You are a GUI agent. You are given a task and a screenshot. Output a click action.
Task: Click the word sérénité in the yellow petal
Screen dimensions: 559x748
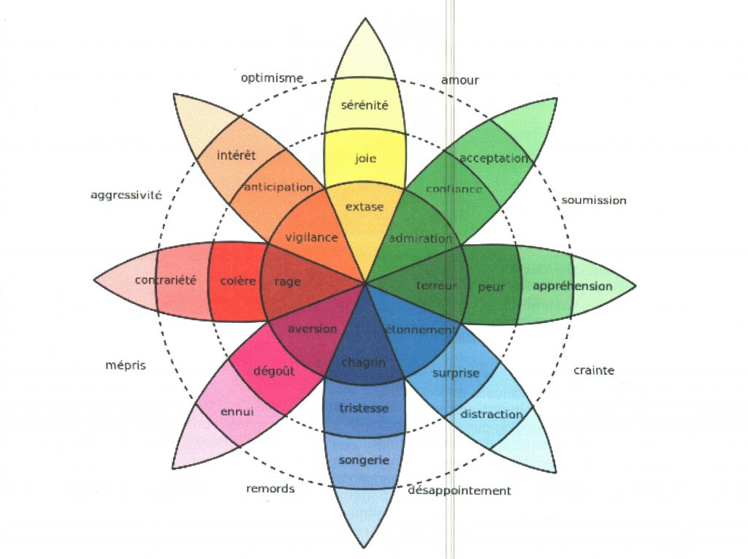pyautogui.click(x=365, y=105)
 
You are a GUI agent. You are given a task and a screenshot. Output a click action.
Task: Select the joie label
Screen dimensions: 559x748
pyautogui.click(x=365, y=158)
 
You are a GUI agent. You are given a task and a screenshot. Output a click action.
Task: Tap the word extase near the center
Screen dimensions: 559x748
pyautogui.click(x=364, y=207)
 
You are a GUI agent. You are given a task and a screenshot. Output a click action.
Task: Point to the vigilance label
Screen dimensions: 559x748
pyautogui.click(x=311, y=237)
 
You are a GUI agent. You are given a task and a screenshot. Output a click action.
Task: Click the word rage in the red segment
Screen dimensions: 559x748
pyautogui.click(x=287, y=281)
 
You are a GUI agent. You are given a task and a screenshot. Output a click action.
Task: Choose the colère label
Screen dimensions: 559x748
pyautogui.click(x=237, y=281)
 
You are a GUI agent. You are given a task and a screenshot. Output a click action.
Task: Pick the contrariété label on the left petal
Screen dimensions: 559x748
pyautogui.click(x=166, y=281)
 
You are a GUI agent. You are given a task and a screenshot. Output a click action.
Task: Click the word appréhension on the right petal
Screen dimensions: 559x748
pyautogui.click(x=572, y=286)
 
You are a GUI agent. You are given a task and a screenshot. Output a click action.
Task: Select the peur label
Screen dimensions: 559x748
pyautogui.click(x=491, y=287)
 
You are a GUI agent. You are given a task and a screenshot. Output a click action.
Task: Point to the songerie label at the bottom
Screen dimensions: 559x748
pyautogui.click(x=364, y=460)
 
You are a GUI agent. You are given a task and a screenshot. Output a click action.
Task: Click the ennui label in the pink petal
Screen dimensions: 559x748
pyautogui.click(x=237, y=411)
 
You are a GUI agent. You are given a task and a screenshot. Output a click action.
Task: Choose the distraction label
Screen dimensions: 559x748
pyautogui.click(x=492, y=414)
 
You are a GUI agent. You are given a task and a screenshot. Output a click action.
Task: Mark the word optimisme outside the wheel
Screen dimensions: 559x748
pyautogui.click(x=272, y=79)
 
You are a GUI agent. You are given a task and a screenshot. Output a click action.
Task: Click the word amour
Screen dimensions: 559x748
pyautogui.click(x=459, y=80)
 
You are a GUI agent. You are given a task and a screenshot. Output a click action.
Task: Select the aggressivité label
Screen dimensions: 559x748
pyautogui.click(x=126, y=195)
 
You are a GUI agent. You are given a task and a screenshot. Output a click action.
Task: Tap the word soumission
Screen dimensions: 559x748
pyautogui.click(x=593, y=200)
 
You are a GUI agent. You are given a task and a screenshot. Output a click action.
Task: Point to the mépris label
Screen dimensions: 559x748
pyautogui.click(x=126, y=365)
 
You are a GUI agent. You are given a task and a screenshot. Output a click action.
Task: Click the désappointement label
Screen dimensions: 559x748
pyautogui.click(x=459, y=490)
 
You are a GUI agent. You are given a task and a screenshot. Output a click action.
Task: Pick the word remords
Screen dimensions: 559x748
pyautogui.click(x=270, y=488)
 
